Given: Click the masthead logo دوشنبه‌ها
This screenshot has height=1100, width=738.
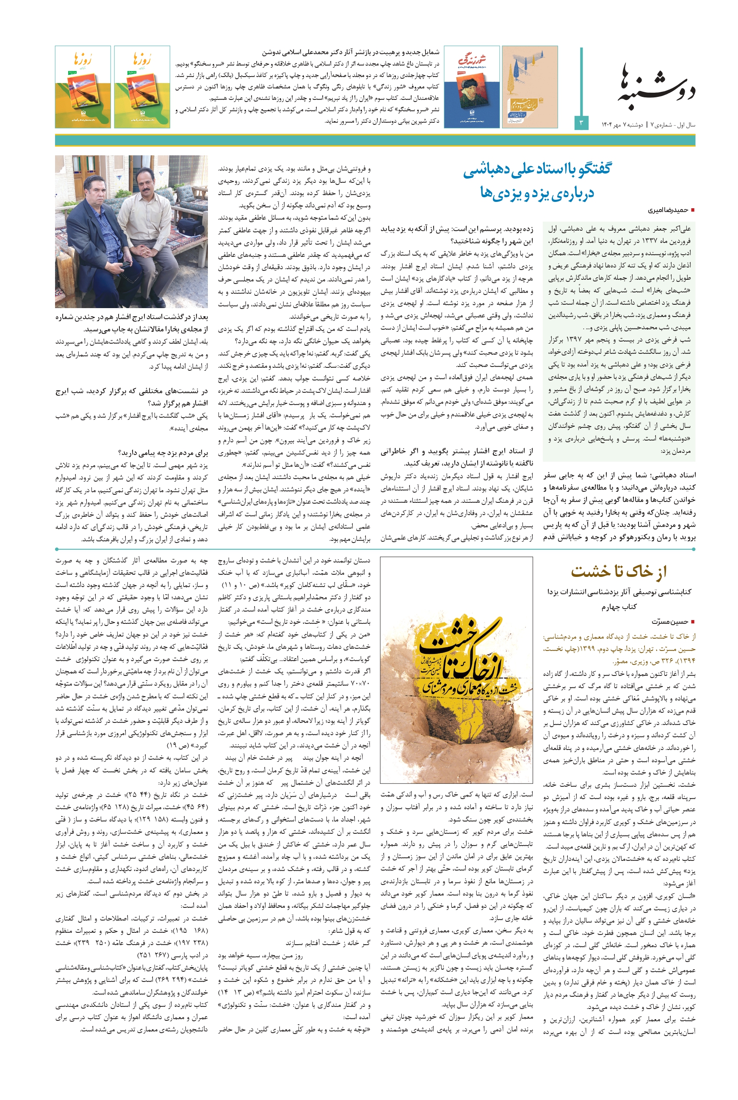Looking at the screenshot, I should click(656, 85).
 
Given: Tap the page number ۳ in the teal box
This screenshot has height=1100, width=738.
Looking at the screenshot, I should click(581, 123).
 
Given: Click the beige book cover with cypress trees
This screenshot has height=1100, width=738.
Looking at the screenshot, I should click(530, 87).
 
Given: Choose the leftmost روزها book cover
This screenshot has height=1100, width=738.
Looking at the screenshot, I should click(83, 87).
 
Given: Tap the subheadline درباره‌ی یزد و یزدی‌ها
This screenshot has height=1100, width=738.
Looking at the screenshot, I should click(537, 193).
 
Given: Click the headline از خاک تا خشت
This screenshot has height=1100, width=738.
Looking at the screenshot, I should click(619, 572).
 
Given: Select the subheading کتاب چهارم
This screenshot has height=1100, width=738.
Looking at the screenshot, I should click(619, 607).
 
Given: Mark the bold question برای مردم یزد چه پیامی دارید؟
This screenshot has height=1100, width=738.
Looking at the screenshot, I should click(163, 453).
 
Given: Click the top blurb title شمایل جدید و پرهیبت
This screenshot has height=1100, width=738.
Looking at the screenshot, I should click(351, 52).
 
